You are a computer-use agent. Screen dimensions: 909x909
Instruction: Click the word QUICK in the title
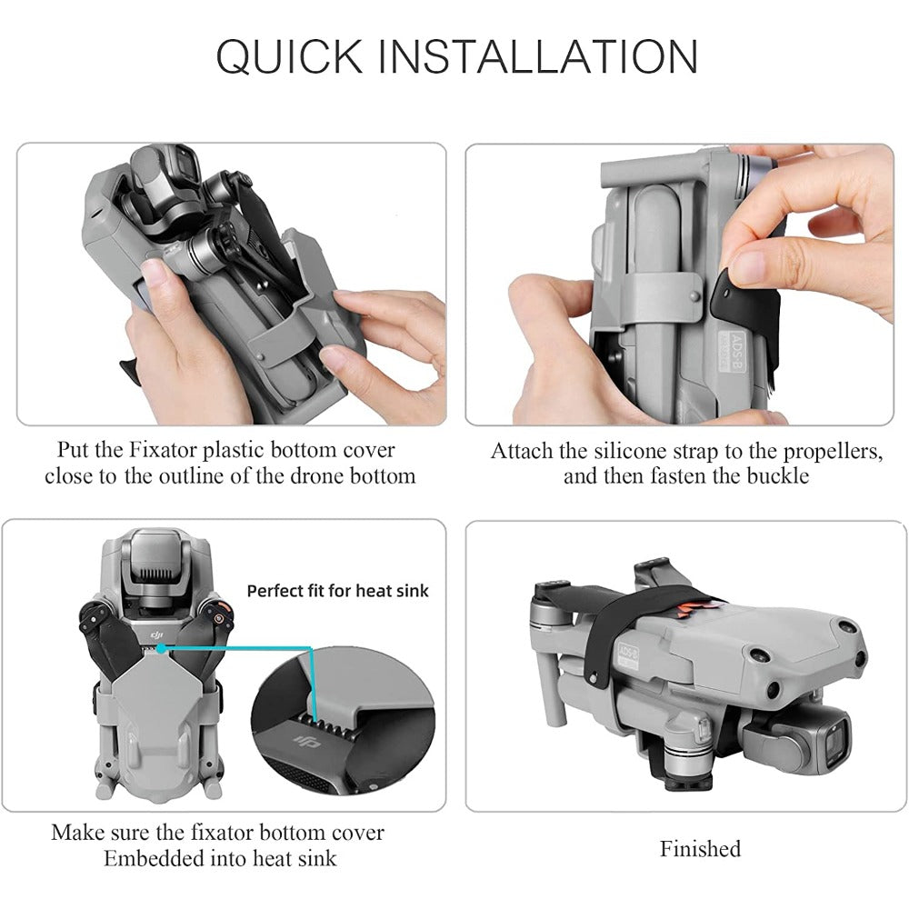[x=289, y=56]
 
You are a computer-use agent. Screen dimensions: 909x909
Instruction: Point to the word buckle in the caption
[x=777, y=476]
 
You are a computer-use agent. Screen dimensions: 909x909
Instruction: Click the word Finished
[x=700, y=849]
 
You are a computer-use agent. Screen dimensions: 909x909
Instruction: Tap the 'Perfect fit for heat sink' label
[x=337, y=591]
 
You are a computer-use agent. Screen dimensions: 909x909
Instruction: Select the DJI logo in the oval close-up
[x=306, y=740]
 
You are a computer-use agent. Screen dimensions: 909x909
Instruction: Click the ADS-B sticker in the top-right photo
[x=732, y=350]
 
